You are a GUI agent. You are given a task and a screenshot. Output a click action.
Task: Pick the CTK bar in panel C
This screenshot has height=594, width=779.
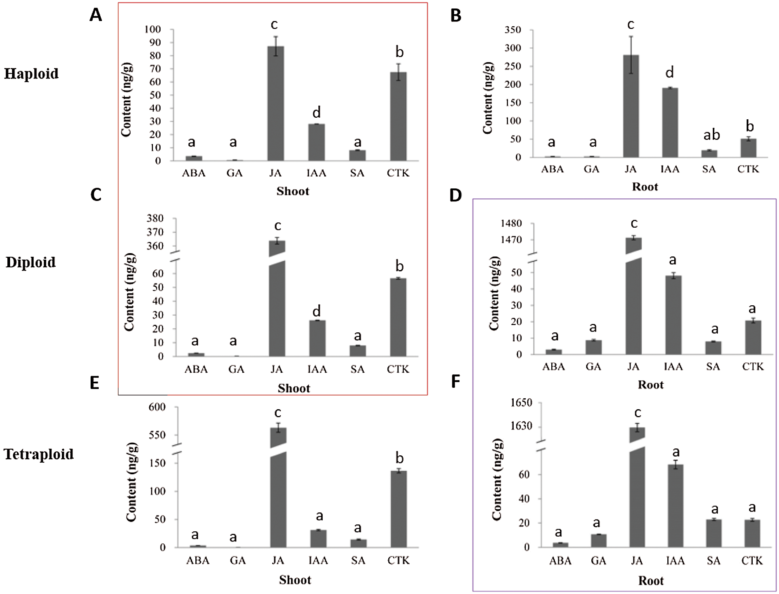[398, 317]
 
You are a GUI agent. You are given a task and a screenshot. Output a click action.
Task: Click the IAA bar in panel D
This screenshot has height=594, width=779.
[673, 315]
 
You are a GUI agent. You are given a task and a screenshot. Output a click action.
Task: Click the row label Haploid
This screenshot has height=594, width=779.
[31, 74]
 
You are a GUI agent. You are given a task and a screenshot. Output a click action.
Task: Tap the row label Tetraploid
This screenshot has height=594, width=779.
[39, 454]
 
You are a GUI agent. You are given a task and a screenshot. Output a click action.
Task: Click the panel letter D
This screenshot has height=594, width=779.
[455, 196]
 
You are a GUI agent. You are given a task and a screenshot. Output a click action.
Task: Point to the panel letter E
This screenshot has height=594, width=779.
[94, 383]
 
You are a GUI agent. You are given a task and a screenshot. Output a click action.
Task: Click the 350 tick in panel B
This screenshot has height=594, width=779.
[513, 30]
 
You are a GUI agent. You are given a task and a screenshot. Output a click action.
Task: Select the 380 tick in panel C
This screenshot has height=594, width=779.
[155, 219]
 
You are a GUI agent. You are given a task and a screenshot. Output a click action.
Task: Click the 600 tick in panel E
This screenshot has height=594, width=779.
[157, 408]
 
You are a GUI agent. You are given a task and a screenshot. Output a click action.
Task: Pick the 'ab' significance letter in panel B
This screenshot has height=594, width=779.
[711, 135]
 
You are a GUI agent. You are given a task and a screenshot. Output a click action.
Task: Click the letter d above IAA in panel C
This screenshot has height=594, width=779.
[316, 311]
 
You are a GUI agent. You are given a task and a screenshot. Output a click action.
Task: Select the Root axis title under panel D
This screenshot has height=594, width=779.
[650, 385]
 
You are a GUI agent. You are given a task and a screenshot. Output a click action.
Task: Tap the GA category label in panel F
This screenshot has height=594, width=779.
[598, 561]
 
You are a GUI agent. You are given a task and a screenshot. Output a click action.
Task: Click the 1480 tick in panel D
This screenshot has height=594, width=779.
[511, 224]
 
